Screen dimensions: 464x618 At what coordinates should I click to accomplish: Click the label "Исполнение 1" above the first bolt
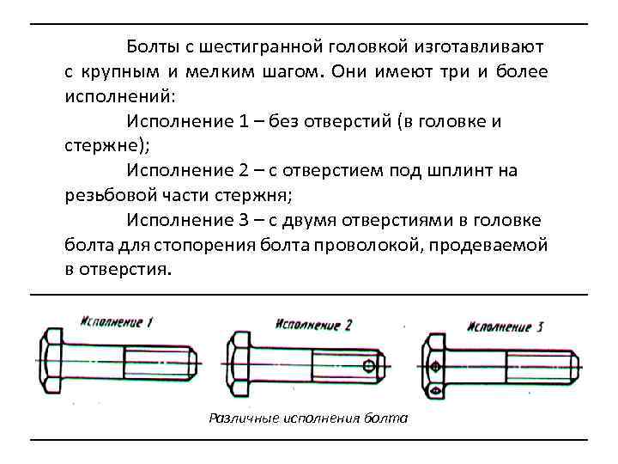117,322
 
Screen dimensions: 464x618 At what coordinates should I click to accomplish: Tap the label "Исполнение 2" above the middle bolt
314,325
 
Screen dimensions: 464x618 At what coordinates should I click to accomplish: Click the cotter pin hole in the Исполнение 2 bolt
369,368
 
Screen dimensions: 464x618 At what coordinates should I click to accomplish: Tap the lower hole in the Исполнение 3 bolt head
436,391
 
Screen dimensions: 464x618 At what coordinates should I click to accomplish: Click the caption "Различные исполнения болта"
309,418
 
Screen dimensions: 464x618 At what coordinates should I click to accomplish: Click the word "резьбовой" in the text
102,194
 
